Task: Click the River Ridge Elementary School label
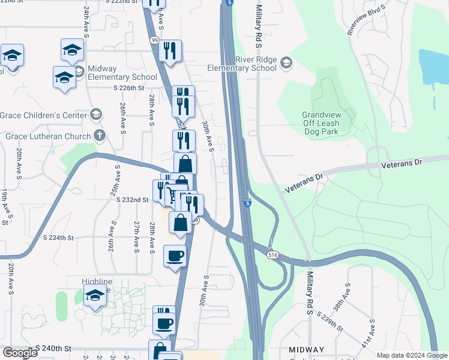pyautogui.click(x=242, y=64)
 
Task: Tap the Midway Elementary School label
pyautogui.click(x=122, y=73)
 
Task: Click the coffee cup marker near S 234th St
pyautogui.click(x=175, y=256)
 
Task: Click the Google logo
pyautogui.click(x=20, y=353)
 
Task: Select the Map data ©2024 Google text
pyautogui.click(x=411, y=356)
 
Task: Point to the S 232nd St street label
pyautogui.click(x=132, y=199)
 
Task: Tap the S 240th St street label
pyautogui.click(x=53, y=348)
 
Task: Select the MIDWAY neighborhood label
pyautogui.click(x=306, y=349)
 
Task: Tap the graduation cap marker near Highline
pyautogui.click(x=94, y=297)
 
